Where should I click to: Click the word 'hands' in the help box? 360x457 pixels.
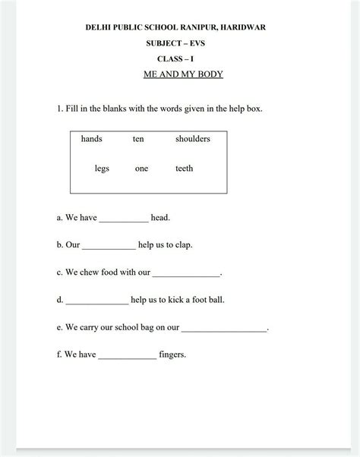[x=92, y=139]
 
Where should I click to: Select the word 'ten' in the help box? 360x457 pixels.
[x=137, y=139]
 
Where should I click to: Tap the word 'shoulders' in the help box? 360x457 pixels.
[x=192, y=139]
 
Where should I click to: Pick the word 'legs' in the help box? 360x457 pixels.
[x=102, y=169]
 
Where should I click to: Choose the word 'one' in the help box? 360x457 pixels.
[x=141, y=169]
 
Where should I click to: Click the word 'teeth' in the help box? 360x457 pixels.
[x=184, y=169]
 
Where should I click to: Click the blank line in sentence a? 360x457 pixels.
[x=124, y=220]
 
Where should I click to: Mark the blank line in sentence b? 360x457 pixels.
[x=108, y=247]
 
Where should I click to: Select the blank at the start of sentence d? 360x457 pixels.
[x=96, y=301]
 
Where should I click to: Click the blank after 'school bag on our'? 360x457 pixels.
[x=225, y=329]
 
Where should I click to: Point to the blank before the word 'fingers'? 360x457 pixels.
[x=127, y=357]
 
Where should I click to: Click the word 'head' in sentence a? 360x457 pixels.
[x=159, y=218]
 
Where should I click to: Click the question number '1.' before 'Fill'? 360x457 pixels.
[x=59, y=109]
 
